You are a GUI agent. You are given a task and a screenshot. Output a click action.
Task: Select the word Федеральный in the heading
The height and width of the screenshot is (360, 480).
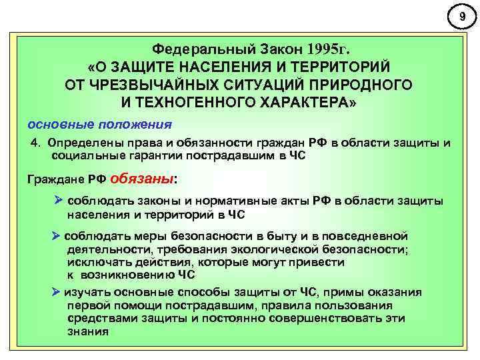193,49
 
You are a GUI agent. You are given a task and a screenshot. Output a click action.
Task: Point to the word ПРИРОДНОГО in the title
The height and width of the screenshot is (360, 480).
361,85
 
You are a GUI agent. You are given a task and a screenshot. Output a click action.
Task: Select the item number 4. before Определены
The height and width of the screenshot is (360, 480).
38,143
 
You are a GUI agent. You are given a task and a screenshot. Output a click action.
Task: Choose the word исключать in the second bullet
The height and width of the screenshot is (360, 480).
94,262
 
